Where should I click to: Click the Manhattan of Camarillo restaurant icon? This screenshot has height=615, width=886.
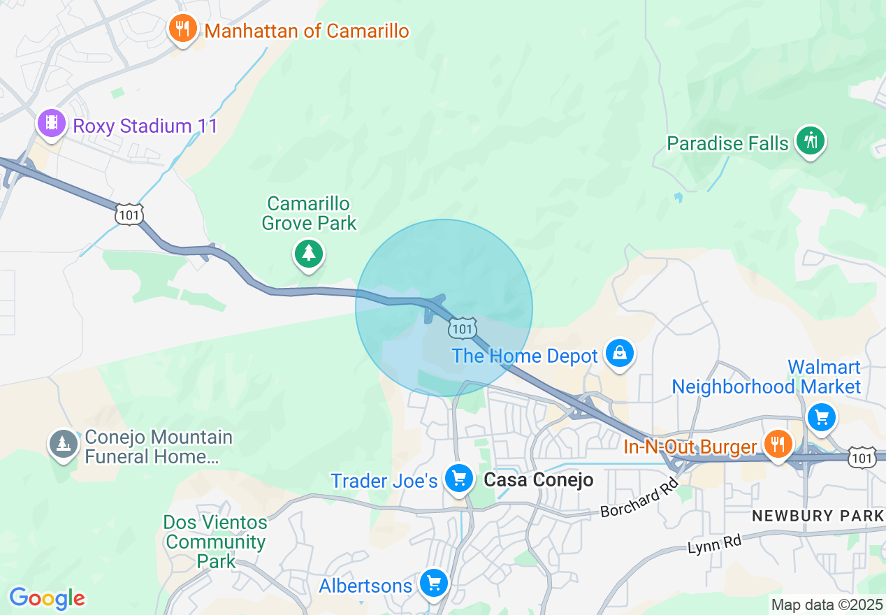click(x=182, y=29)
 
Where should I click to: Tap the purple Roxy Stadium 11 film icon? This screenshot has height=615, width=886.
click(x=51, y=124)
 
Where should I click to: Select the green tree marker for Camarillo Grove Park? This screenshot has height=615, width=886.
click(x=308, y=252)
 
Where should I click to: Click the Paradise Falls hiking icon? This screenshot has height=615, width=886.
click(x=811, y=141)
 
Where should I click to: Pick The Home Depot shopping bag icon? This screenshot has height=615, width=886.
click(x=619, y=354)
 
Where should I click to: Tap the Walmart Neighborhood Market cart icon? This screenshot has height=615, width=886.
click(x=821, y=418)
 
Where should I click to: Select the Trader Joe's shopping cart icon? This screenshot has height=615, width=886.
click(x=458, y=479)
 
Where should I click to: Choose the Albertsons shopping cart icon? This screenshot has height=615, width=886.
click(x=433, y=583)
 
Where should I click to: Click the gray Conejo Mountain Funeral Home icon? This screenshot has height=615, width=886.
click(x=64, y=444)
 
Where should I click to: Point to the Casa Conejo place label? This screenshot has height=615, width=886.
click(x=538, y=480)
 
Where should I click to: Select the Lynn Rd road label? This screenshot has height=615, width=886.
click(x=713, y=542)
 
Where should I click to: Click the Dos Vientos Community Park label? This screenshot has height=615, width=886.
click(x=215, y=542)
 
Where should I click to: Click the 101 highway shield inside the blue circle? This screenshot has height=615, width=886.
click(x=463, y=328)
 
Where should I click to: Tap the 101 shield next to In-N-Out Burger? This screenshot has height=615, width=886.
click(x=861, y=458)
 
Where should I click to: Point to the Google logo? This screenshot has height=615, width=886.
click(x=47, y=598)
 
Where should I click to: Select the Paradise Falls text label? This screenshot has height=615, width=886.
click(x=727, y=144)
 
